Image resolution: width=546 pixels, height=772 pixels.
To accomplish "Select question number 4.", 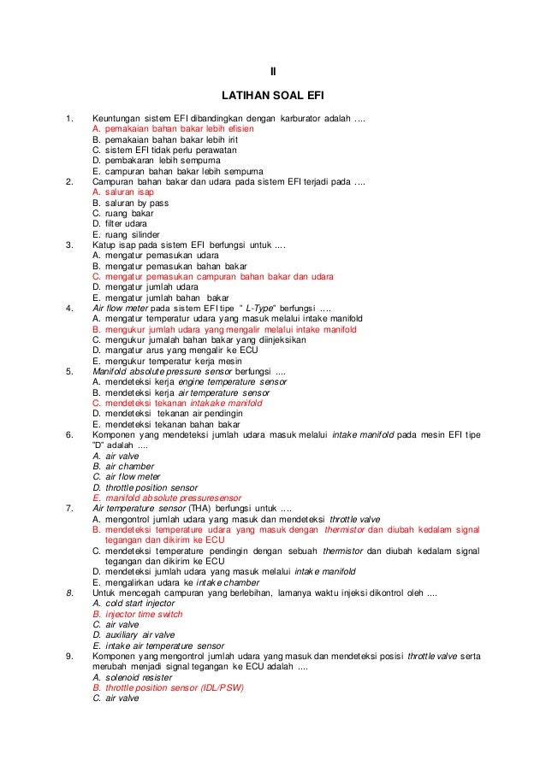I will tap(68, 307).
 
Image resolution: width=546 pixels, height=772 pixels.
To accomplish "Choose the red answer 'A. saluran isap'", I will tap(123, 193).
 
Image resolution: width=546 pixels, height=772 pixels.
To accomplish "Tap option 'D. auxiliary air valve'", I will tap(140, 635).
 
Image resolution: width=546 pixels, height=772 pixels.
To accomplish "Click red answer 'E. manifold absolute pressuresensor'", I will tap(166, 497).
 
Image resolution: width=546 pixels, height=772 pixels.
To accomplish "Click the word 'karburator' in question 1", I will tap(309, 116).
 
